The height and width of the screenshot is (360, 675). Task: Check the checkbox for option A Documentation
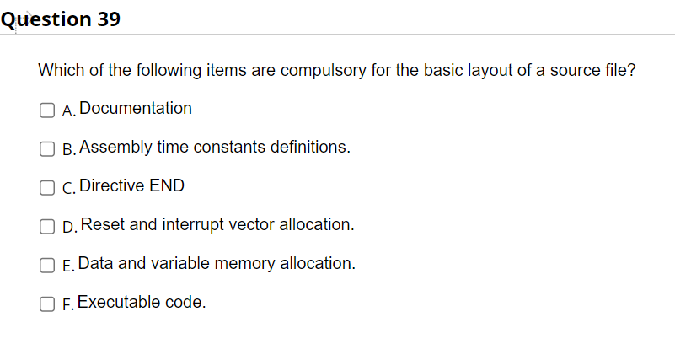(47, 109)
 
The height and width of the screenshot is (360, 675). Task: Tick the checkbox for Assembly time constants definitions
(47, 148)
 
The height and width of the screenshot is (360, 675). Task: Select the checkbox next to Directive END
(47, 187)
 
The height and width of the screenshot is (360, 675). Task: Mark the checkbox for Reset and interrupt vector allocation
(47, 226)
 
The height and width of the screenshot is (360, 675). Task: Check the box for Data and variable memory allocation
(47, 265)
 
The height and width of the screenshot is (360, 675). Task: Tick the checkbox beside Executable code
(47, 304)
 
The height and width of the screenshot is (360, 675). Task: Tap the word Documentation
(136, 108)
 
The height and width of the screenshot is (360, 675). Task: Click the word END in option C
(167, 185)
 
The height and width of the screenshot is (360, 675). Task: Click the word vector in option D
(251, 224)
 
